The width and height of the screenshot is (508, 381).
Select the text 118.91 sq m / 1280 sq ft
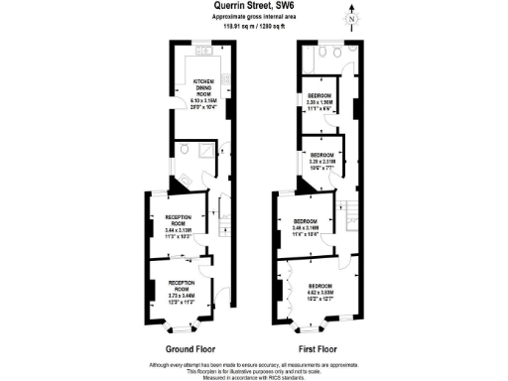253,29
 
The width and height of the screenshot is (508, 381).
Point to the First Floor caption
316,349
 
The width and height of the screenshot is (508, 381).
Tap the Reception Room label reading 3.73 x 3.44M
179,294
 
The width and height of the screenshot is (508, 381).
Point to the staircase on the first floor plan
348,209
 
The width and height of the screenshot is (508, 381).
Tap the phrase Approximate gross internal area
253,18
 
